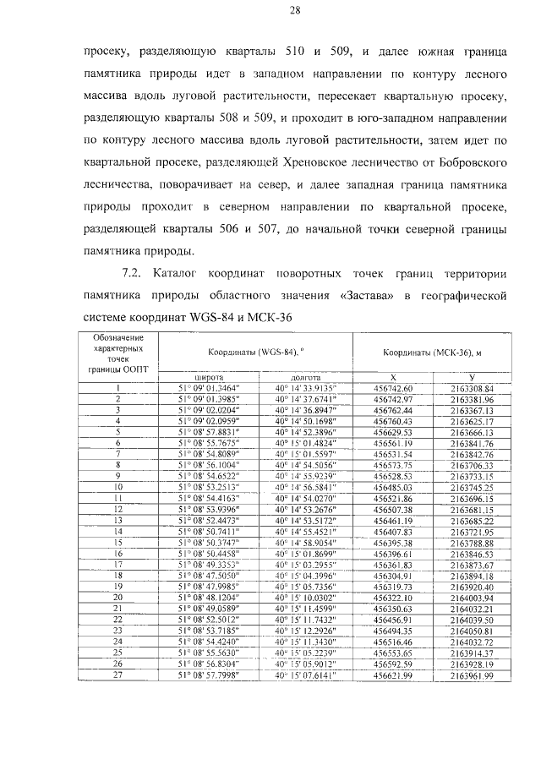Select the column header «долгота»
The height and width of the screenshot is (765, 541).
point(304,379)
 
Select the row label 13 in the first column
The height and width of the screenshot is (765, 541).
point(118,510)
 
